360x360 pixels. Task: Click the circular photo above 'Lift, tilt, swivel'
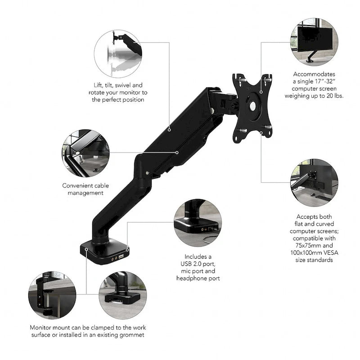coord(118,54)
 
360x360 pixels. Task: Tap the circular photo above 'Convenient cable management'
coord(85,153)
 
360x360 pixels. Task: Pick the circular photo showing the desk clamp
coord(52,295)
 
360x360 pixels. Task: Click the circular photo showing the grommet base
coord(122,295)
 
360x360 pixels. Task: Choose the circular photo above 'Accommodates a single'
coord(314,42)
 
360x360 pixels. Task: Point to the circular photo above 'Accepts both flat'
coord(314,183)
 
